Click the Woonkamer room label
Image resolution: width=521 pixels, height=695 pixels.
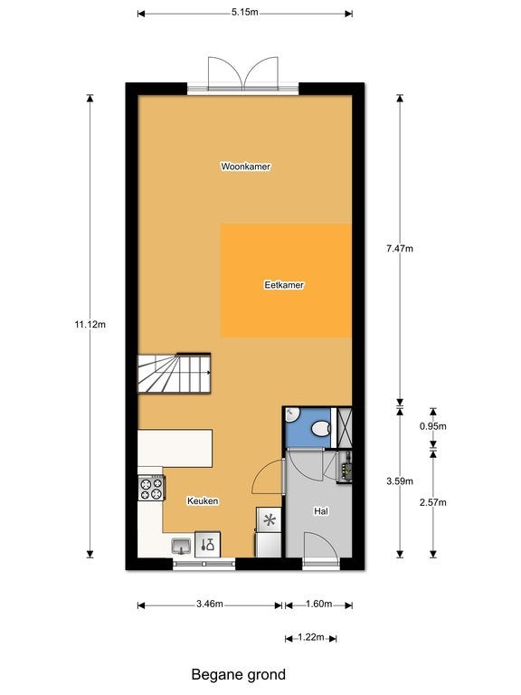[x=245, y=167]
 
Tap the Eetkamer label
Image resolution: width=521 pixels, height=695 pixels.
[x=284, y=285]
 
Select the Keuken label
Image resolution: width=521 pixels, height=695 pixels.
[x=203, y=500]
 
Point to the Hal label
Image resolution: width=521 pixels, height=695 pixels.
[x=321, y=511]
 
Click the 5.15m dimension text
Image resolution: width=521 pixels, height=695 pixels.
[x=244, y=12]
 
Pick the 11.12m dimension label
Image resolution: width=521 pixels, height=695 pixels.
[x=90, y=325]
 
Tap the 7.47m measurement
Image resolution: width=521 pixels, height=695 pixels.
[x=400, y=249]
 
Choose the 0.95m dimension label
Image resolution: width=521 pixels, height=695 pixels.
[x=433, y=426]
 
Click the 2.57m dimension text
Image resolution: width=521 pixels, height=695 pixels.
[x=433, y=502]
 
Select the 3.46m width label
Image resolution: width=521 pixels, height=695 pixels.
[x=210, y=604]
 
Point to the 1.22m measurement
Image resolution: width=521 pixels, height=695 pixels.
[x=311, y=637]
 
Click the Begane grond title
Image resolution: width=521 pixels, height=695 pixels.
[x=239, y=674]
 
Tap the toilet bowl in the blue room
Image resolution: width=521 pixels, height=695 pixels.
[x=321, y=429]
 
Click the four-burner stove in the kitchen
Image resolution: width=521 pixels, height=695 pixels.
[x=151, y=488]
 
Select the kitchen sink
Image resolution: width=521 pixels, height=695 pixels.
[x=181, y=546]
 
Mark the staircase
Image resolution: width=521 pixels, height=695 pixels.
[x=174, y=373]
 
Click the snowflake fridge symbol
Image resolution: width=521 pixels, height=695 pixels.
[x=270, y=519]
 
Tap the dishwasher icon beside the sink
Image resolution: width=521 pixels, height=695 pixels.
[x=207, y=544]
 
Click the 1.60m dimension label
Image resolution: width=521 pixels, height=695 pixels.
[x=318, y=604]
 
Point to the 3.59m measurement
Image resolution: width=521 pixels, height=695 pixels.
[x=400, y=481]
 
